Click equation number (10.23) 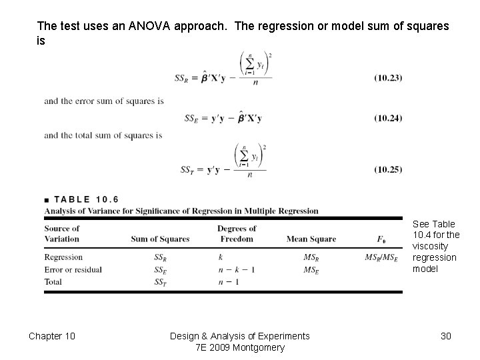click(x=388, y=78)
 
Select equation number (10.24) click(x=388, y=119)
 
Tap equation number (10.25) click(x=388, y=169)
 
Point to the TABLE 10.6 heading click(x=86, y=199)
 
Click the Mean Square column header click(x=311, y=239)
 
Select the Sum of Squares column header click(x=160, y=239)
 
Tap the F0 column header click(x=381, y=239)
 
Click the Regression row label click(x=63, y=257)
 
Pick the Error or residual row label click(x=73, y=269)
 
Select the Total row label click(x=53, y=281)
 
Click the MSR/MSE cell click(x=381, y=257)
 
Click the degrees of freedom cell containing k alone click(x=221, y=257)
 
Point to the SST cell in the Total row click(x=160, y=281)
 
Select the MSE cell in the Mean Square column click(x=311, y=269)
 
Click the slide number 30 click(x=446, y=336)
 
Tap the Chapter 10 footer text click(x=52, y=336)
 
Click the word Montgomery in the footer click(x=260, y=347)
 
